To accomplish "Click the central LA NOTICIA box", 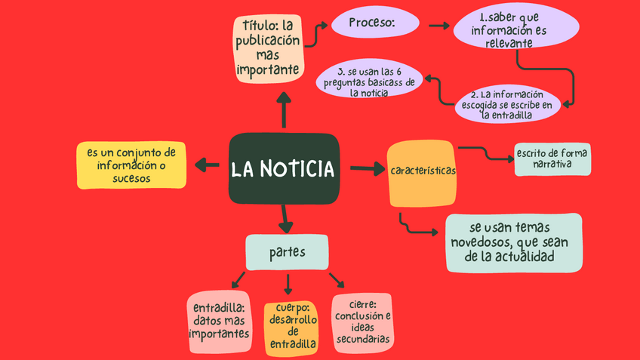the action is [x=284, y=168].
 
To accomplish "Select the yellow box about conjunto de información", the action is [x=131, y=165].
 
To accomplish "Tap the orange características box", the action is [x=423, y=173].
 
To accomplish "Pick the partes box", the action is [x=287, y=252].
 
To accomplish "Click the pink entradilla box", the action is [x=220, y=323].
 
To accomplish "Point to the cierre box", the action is [x=362, y=322].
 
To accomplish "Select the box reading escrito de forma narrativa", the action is [x=552, y=158].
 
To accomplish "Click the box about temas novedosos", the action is [x=513, y=242].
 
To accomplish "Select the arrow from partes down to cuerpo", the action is [x=288, y=285].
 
